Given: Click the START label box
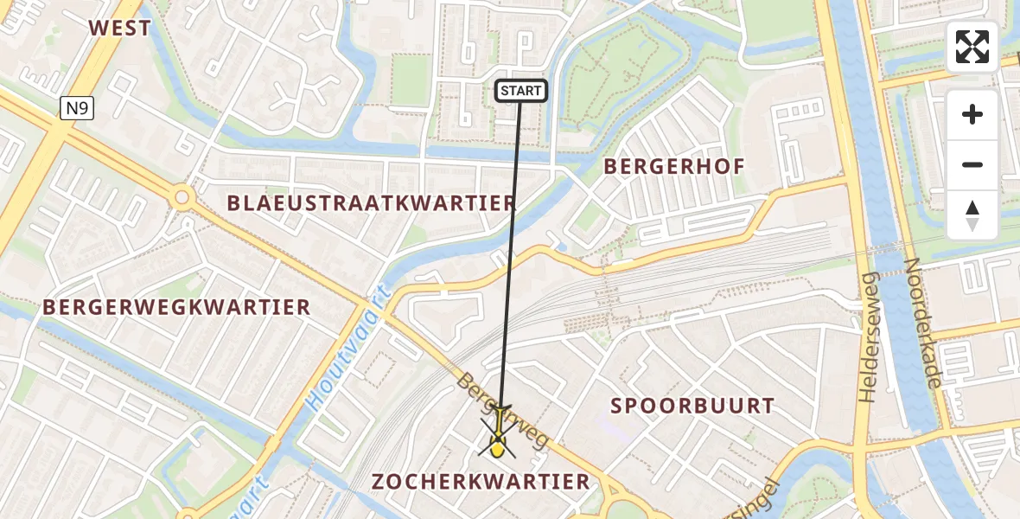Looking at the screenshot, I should [520, 91].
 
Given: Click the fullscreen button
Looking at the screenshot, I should [972, 47].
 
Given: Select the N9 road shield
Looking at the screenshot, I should [77, 108].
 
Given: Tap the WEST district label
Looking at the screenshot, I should [120, 28].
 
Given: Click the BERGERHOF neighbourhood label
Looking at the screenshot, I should [674, 166].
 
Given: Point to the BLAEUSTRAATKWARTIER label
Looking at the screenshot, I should [372, 203].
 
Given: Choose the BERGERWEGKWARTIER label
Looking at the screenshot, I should [176, 307].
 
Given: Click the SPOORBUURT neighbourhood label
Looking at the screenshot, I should [692, 406].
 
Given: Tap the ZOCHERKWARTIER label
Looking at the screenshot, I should [481, 482].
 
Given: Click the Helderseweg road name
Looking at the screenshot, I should [869, 337].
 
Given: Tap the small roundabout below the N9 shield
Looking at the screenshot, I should [182, 198].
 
